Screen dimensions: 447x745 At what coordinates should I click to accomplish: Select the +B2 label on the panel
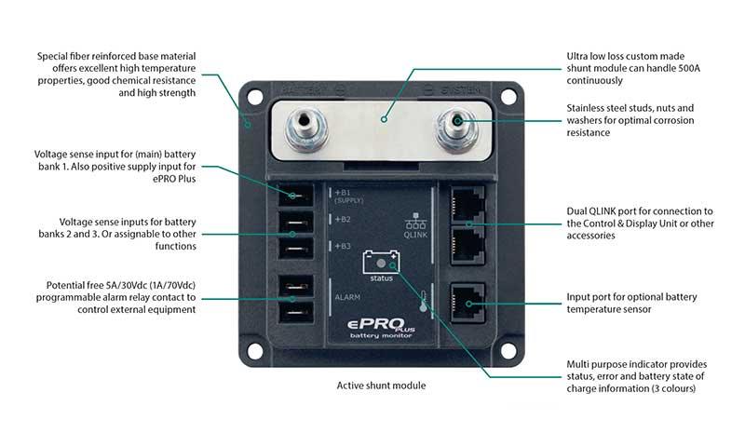(x=343, y=221)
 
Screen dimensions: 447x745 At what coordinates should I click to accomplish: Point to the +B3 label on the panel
(x=343, y=247)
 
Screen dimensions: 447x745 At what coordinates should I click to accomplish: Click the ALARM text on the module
(x=347, y=297)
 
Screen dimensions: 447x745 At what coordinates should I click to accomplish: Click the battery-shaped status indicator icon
(x=381, y=260)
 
